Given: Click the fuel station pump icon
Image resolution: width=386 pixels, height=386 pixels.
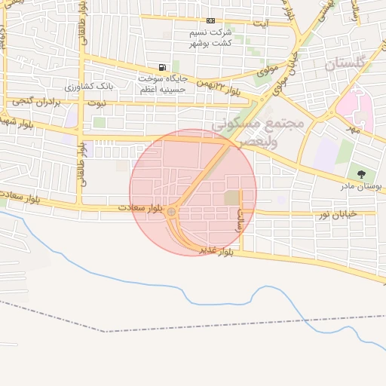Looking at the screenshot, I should click(163, 68).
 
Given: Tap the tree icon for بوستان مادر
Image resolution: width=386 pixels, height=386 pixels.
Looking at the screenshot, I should click(361, 174).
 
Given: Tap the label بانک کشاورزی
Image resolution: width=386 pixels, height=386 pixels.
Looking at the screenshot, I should click(109, 86).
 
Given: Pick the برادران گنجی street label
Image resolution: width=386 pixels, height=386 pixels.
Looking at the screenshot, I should click(35, 100).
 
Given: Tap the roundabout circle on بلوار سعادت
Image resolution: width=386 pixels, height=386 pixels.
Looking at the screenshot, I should click(172, 213).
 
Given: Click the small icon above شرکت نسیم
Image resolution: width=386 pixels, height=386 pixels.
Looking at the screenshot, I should click(210, 20).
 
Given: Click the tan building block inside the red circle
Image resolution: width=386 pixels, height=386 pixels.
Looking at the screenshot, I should click(231, 198).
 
